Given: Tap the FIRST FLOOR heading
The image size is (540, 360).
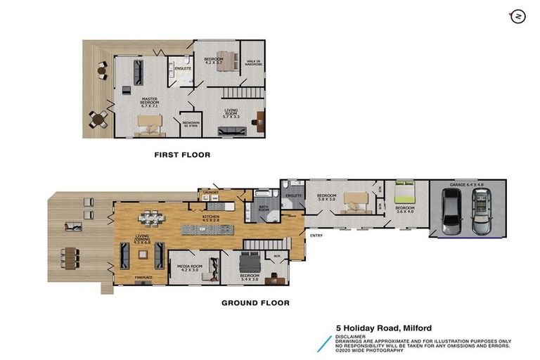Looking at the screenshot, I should pyautogui.click(x=182, y=154).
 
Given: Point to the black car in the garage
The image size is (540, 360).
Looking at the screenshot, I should pyautogui.click(x=450, y=212).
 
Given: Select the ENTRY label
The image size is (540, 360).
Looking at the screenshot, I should pyautogui.click(x=316, y=236).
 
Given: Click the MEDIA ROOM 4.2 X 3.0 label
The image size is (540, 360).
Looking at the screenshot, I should pyautogui.click(x=184, y=267).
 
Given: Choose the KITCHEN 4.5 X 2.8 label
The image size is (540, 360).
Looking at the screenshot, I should pyautogui.click(x=212, y=219).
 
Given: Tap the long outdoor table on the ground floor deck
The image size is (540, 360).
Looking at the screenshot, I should pyautogui.click(x=70, y=257).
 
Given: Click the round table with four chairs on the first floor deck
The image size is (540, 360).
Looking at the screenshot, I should pyautogui.click(x=98, y=119).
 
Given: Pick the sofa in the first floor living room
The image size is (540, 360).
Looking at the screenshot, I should pyautogui.click(x=231, y=130).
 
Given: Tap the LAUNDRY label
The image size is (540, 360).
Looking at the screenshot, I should pyautogui.click(x=212, y=191).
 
